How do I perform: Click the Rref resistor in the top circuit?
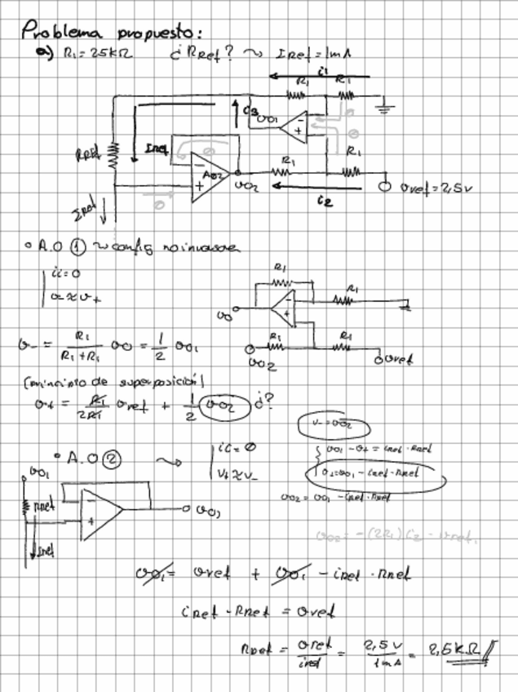coord(113,156)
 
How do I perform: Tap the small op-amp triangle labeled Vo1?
coord(290,124)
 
